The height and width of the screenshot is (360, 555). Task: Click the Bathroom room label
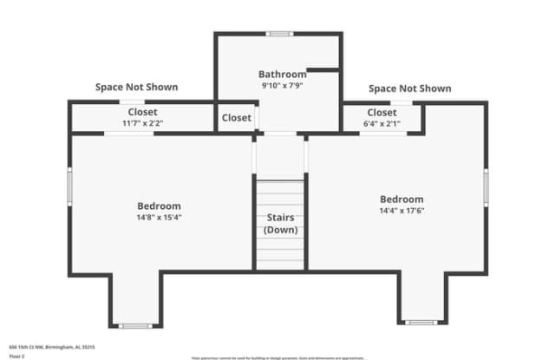click(282, 75)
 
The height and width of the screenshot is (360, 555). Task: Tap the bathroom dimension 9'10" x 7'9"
click(282, 86)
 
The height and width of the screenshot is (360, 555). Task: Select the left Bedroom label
click(159, 206)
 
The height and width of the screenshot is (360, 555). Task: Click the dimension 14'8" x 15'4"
click(159, 217)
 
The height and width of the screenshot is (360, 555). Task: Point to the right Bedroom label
click(401, 199)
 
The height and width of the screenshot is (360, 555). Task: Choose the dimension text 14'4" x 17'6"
click(401, 210)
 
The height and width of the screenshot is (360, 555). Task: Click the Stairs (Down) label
click(280, 224)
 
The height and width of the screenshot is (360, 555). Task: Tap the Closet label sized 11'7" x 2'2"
click(142, 112)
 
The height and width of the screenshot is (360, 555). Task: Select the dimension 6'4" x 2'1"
click(382, 123)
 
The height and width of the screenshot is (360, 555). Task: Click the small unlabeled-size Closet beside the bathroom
click(236, 118)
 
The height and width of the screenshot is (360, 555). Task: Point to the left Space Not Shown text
click(136, 88)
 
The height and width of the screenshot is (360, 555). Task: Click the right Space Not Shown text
click(409, 88)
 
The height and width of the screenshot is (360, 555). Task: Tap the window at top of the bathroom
click(279, 34)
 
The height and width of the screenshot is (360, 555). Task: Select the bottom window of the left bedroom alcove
click(134, 326)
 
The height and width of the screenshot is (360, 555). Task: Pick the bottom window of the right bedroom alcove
click(421, 323)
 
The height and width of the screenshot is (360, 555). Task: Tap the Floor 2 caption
click(16, 356)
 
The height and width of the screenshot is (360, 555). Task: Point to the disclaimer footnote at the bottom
click(277, 357)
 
